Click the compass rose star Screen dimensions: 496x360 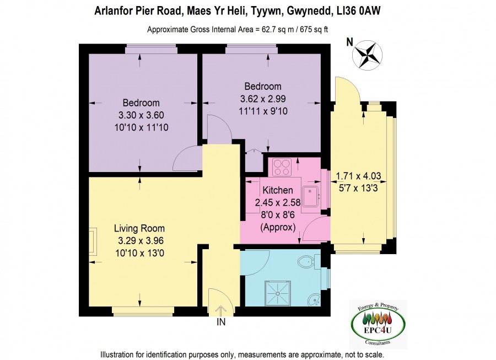[x=367, y=55]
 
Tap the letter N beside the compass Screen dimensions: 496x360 [x=349, y=42]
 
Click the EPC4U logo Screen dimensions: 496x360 [x=378, y=324]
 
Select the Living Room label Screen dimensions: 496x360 [x=139, y=228]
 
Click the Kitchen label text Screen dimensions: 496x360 [x=278, y=190]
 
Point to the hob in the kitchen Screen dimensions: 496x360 [x=282, y=167]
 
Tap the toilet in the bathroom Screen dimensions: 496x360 [x=306, y=262]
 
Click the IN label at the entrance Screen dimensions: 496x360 [x=221, y=322]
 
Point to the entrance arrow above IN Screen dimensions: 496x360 [x=221, y=310]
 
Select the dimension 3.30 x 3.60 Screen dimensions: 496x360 [x=141, y=115]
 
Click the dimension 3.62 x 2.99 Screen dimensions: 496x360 [x=263, y=99]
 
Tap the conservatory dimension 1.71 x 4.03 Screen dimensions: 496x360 [x=358, y=175]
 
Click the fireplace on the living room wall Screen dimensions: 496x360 [x=93, y=241]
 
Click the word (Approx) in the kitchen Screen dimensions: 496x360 [x=278, y=227]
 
